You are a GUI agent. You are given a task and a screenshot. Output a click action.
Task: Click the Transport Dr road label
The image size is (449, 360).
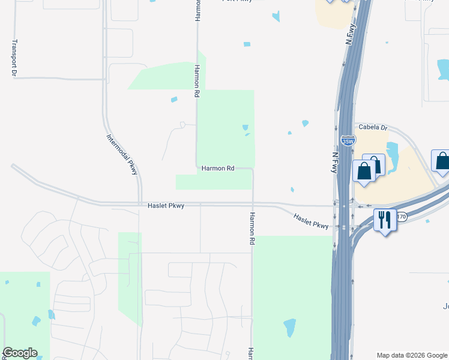coord(14,59)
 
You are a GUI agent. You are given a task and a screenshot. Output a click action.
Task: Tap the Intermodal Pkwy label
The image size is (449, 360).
coord(122,154)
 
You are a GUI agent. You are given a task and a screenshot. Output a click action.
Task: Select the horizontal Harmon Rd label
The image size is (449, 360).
coord(217,169)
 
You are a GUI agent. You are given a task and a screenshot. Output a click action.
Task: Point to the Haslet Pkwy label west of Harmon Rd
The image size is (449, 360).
coord(166,206)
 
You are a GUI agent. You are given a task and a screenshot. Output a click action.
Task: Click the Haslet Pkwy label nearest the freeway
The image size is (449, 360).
coord(312,221)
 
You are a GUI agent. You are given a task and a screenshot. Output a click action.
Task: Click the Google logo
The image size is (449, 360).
coord(20,353)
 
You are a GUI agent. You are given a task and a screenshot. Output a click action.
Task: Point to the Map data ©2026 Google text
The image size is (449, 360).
coord(412,355)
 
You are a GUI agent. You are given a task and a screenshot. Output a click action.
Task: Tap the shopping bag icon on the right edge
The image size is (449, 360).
coord(442,162)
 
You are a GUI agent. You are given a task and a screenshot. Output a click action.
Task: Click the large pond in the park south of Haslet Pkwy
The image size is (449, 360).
coord(289,328)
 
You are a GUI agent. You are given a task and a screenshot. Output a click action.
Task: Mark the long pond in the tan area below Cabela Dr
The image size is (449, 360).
coord(393,155)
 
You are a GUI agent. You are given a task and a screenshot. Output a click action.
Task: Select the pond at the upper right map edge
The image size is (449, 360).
coord(444,70)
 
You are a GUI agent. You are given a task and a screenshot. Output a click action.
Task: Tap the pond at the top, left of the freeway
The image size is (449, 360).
coord(276,17)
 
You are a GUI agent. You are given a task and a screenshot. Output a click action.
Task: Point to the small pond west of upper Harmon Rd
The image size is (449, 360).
coord(174,99)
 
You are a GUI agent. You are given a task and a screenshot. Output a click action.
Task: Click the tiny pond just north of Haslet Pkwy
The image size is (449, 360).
coord(292,190)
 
